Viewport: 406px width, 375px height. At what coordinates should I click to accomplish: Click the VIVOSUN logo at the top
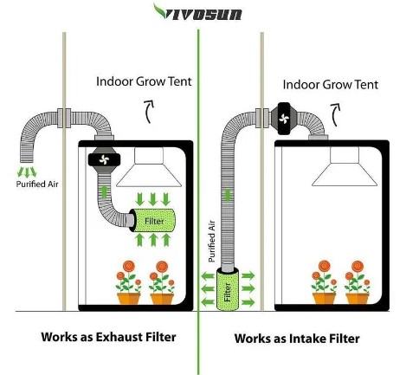click(198, 12)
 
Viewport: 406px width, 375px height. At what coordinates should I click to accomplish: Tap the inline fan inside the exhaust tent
click(104, 159)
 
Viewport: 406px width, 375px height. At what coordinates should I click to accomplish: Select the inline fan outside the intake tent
click(284, 119)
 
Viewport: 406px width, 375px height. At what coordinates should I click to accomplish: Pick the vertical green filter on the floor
click(228, 289)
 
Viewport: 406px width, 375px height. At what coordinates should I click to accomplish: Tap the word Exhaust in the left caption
click(119, 337)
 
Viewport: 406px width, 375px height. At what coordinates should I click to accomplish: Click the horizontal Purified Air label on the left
click(37, 184)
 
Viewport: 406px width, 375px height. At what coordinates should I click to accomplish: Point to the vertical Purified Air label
click(211, 241)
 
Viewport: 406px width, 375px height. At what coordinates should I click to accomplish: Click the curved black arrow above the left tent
click(149, 112)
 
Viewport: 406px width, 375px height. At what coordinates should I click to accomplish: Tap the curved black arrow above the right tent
click(335, 114)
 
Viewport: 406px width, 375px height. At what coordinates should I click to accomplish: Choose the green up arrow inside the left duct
click(104, 191)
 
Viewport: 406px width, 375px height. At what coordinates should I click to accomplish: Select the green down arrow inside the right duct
click(228, 195)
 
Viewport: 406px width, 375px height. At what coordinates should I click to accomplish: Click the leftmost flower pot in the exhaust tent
click(129, 299)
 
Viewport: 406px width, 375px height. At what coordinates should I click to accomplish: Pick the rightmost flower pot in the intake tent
click(358, 298)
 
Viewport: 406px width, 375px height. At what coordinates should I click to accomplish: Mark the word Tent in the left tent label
click(180, 81)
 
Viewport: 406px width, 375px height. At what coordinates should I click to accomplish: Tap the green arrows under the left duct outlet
click(27, 171)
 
